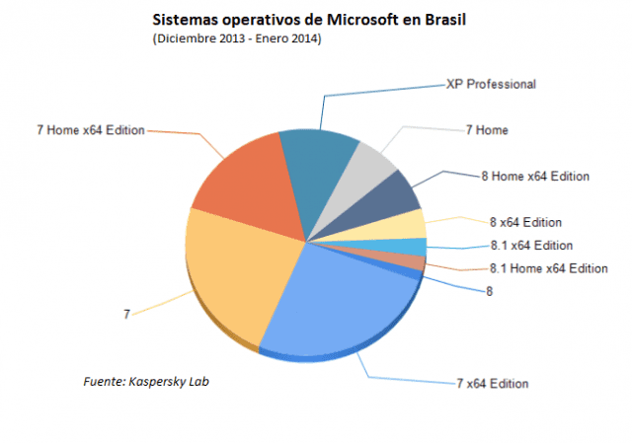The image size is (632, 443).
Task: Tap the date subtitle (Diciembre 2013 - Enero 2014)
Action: [238, 38]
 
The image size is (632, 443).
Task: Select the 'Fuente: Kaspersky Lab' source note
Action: [145, 380]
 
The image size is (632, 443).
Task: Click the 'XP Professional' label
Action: [491, 85]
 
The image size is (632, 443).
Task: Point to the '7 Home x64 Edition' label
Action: [90, 130]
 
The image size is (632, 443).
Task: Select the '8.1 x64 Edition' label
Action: [530, 246]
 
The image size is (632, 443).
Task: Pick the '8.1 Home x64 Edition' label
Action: [548, 268]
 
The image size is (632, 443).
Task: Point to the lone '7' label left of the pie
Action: [126, 314]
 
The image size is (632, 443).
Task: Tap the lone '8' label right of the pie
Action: [489, 291]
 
